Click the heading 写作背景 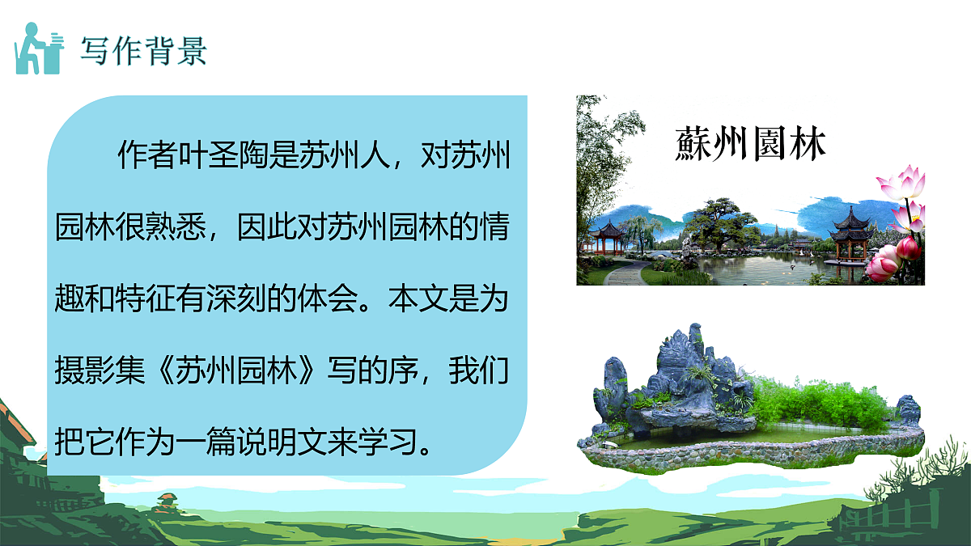(143, 50)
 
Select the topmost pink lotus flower (902, 183)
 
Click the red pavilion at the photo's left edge (606, 235)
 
